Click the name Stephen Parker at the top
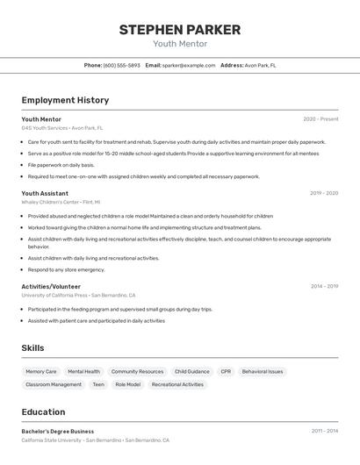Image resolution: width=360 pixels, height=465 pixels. coord(180,30)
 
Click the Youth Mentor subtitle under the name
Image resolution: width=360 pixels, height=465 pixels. coord(180,44)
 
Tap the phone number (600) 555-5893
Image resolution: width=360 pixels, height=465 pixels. coord(121,65)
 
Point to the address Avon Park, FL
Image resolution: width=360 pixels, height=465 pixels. coord(260,65)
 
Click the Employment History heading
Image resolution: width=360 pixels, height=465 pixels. coord(65,100)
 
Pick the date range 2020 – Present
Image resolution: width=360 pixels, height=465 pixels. coord(320,119)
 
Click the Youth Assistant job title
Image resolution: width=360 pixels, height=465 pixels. coord(45,193)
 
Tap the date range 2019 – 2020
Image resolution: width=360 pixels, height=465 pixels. coord(324,193)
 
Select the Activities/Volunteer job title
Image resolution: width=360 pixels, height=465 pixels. coord(51,286)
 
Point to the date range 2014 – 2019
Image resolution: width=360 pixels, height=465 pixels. coord(324,286)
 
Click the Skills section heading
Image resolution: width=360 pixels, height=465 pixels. coord(32,348)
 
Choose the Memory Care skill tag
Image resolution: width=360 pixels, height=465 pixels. coord(41,371)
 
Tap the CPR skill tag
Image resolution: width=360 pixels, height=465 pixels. coord(226,371)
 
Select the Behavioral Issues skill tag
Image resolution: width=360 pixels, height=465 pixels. coord(263,371)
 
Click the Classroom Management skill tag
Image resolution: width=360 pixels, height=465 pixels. coord(54,384)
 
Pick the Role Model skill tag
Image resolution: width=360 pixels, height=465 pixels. coord(127,384)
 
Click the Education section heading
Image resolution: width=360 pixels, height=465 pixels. coord(43,411)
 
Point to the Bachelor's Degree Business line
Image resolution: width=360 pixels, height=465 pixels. coord(58,432)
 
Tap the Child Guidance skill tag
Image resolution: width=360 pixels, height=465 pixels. coord(192,371)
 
